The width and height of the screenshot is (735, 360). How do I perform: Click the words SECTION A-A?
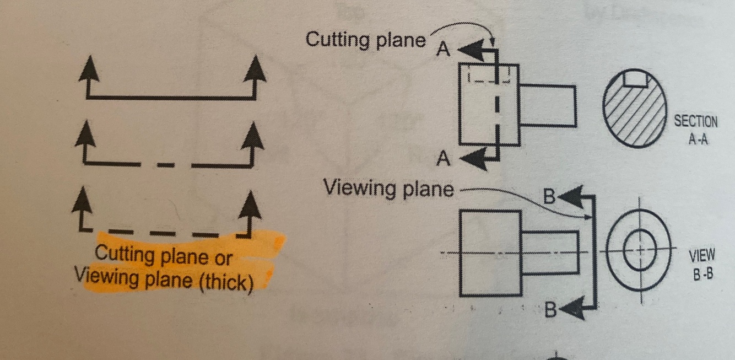pyautogui.click(x=696, y=130)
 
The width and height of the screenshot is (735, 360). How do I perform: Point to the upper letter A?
pyautogui.click(x=444, y=50)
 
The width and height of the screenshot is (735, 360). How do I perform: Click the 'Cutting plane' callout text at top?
pyautogui.click(x=366, y=40)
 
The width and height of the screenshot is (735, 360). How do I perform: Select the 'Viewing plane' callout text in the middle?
pyautogui.click(x=389, y=189)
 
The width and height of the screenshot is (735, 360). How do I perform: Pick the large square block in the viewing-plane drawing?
pyautogui.click(x=490, y=253)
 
